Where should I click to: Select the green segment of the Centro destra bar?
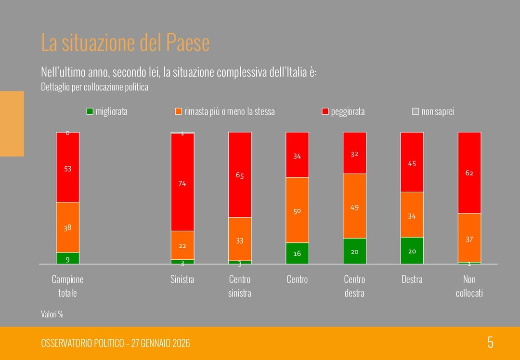click(x=354, y=251)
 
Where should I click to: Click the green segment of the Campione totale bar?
click(x=68, y=258)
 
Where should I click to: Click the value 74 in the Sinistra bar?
click(x=182, y=184)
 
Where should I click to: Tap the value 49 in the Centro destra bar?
click(x=354, y=208)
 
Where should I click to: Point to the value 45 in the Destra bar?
click(x=412, y=164)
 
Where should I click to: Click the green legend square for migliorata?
click(x=90, y=112)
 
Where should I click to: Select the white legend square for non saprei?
click(x=416, y=112)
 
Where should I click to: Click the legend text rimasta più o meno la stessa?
click(x=229, y=112)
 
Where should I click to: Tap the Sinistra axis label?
click(x=182, y=280)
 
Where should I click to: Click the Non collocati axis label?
click(x=469, y=286)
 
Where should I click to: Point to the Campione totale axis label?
click(x=67, y=286)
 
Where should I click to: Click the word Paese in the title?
click(x=188, y=43)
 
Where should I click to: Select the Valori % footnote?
click(x=52, y=314)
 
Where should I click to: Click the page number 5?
click(x=490, y=343)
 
